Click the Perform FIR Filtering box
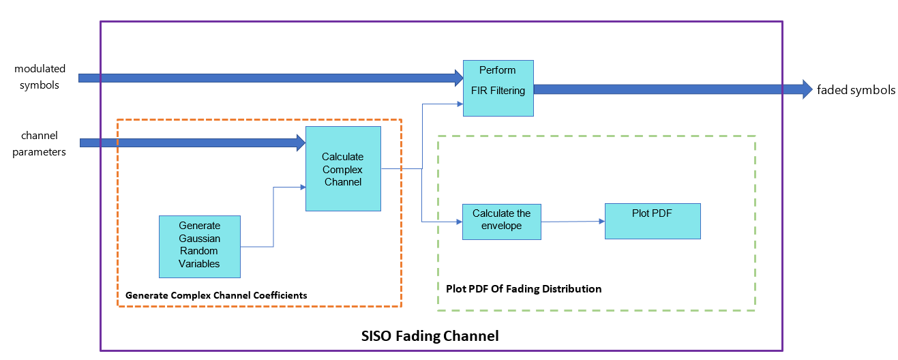498,88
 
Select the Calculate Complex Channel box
343,168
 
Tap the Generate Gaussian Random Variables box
199,246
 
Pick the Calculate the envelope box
501,222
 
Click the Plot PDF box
653,221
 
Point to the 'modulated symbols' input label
40,76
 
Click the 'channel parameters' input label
40,143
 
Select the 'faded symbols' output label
856,90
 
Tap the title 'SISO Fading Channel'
430,336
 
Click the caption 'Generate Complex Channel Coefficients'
216,295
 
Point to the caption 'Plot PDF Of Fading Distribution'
524,288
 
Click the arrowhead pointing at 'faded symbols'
804,89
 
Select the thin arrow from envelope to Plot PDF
573,221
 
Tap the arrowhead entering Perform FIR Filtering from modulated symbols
458,77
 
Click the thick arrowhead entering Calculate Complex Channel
299,142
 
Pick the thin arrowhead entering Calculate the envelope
458,222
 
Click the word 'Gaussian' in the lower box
200,238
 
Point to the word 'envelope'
501,226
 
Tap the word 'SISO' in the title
376,336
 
